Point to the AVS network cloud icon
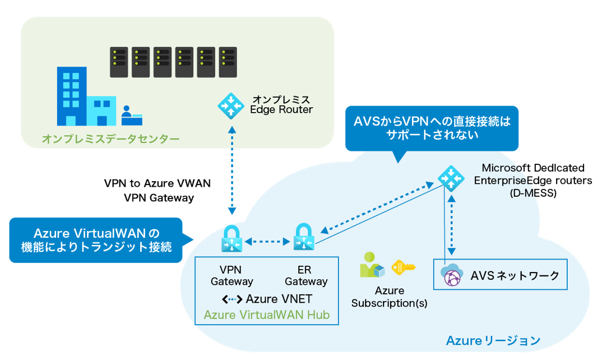pos(452,276)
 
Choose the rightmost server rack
pos(228,62)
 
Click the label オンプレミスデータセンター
pos(111,139)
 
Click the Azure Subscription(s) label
pos(389,297)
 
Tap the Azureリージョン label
pos(493,340)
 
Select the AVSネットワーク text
pos(515,275)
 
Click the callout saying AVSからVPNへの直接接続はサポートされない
pos(432,128)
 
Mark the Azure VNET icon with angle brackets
pos(232,299)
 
